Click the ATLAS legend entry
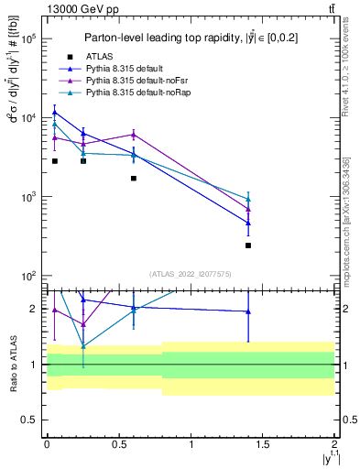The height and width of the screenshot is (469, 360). click(x=111, y=56)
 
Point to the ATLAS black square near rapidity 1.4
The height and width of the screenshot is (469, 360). click(x=248, y=245)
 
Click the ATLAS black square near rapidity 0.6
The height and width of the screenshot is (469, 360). click(x=134, y=178)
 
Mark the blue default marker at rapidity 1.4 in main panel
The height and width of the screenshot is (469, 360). click(x=248, y=223)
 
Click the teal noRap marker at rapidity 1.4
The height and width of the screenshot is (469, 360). click(x=248, y=199)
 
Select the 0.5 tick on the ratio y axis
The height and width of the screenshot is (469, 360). click(x=32, y=420)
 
